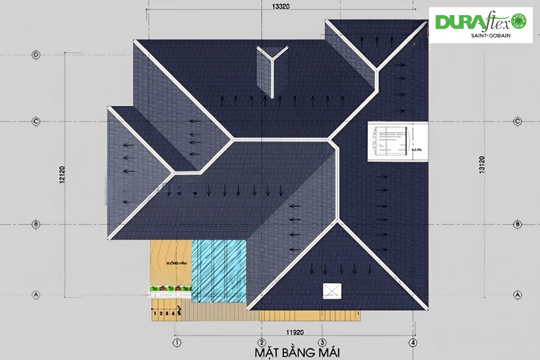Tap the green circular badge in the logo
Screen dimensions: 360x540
521,22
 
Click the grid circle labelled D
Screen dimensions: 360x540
35,55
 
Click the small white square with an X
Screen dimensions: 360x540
332,290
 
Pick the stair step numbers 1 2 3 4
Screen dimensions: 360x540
164,314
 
